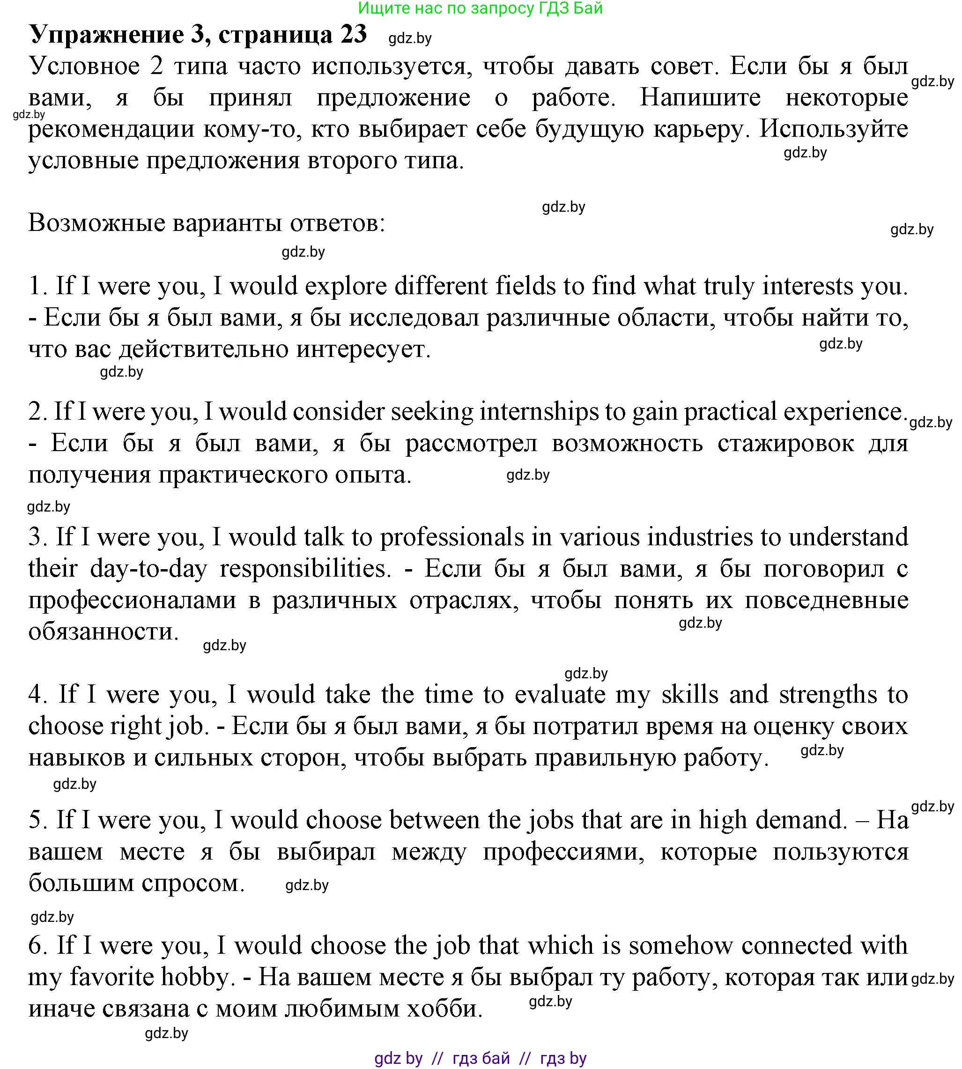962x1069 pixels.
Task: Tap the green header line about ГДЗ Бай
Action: click(x=480, y=8)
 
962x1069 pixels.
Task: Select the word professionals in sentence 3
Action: click(x=452, y=537)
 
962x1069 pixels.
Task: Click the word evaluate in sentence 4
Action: click(x=560, y=695)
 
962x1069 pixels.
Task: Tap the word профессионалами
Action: click(x=132, y=601)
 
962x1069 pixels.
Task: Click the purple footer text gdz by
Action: click(x=399, y=1058)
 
